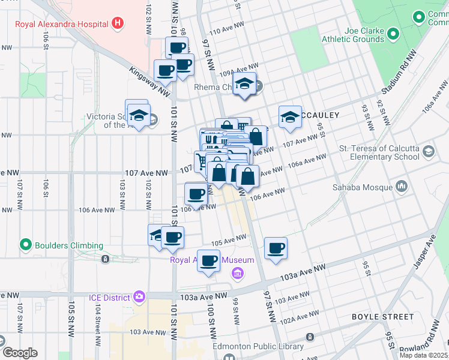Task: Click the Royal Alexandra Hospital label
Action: (x=62, y=24)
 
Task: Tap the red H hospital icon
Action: (x=118, y=24)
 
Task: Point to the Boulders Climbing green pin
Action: (x=25, y=245)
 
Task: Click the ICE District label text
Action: (x=107, y=298)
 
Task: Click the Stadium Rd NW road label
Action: (x=400, y=74)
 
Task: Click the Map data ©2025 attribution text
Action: (x=423, y=355)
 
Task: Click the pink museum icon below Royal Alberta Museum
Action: (x=238, y=274)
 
